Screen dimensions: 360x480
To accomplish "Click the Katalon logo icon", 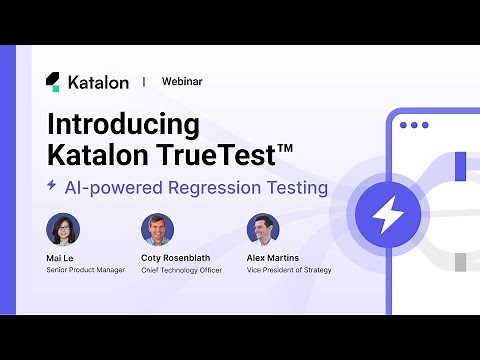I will pyautogui.click(x=52, y=82).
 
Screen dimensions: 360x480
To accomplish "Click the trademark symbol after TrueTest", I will pyautogui.click(x=285, y=149).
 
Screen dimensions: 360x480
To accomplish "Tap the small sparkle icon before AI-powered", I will pyautogui.click(x=51, y=185).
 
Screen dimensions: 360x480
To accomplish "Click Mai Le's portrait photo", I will pyautogui.click(x=63, y=229).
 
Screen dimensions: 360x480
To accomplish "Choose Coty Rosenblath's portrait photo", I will pyautogui.click(x=157, y=229).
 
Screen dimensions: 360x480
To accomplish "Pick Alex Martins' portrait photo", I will pyautogui.click(x=261, y=229).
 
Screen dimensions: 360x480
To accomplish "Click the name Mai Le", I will pyautogui.click(x=60, y=257).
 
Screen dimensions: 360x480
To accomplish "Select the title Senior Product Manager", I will pyautogui.click(x=86, y=269).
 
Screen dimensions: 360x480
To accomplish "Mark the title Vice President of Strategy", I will pyautogui.click(x=288, y=269).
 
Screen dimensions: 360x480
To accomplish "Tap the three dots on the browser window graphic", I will pyautogui.click(x=412, y=126).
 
